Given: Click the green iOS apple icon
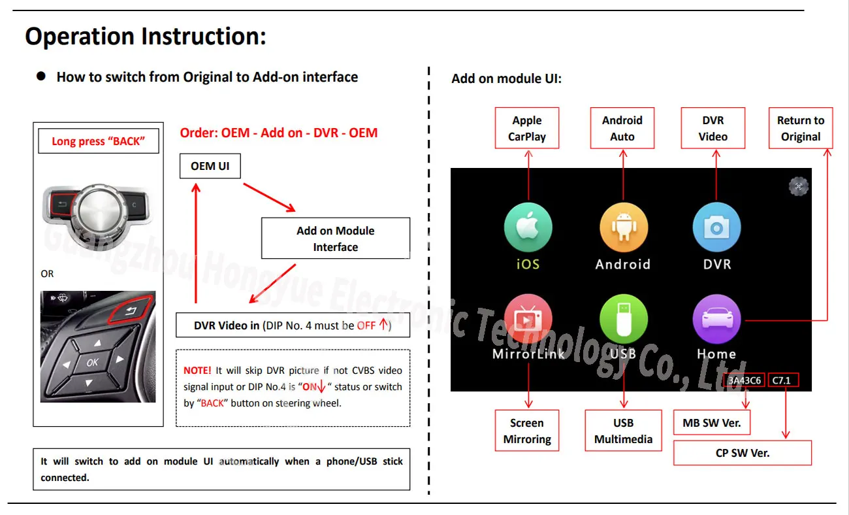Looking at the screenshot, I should coord(528,227).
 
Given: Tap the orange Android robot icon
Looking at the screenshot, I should coord(623,227).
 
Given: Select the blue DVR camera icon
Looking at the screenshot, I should coord(716,227).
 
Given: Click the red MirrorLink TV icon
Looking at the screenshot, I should coord(528,319).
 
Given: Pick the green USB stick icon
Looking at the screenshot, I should coord(623,319).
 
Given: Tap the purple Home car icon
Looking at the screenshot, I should coord(716,319).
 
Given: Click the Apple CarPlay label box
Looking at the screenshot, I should coord(527,128).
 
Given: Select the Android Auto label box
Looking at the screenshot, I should coord(622,128).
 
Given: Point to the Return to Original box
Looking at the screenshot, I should coord(801,128).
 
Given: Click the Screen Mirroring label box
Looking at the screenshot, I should coord(527,431).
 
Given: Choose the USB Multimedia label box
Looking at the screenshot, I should coord(623,431).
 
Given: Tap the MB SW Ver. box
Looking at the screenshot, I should coord(712,423).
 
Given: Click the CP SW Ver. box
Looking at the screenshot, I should coord(743,452).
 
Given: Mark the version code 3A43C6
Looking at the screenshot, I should coord(745,380).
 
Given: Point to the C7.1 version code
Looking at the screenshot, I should coord(782,380).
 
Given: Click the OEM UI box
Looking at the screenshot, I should coord(210,166).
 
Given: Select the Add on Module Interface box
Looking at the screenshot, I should coord(336,239).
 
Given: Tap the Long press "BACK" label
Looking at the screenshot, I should coord(98,141).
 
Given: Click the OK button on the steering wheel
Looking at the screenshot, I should coord(93,362).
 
